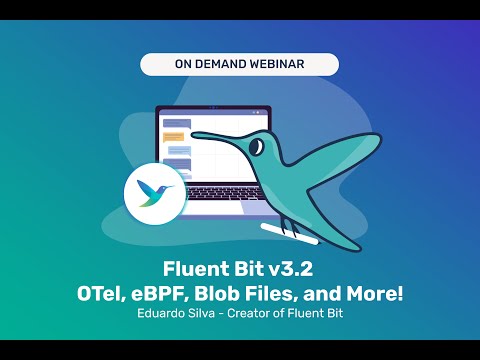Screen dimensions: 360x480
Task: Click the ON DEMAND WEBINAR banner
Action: coord(239,64)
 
